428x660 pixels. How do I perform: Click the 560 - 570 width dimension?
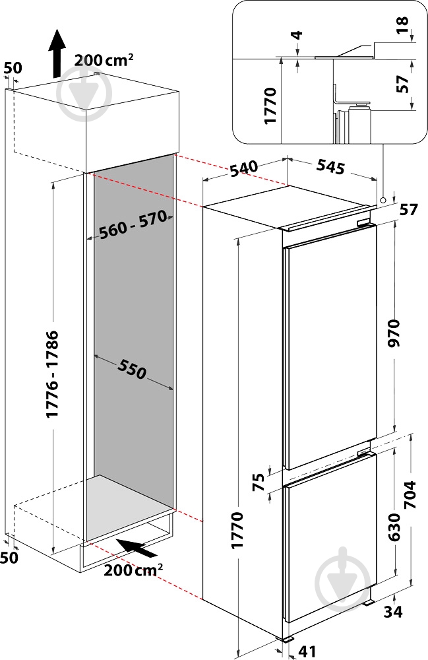(x=131, y=224)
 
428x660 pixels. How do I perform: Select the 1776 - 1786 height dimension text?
(x=52, y=375)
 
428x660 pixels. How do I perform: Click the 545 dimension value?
(x=330, y=167)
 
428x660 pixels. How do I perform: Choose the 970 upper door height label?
(x=395, y=333)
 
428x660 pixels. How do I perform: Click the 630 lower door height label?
(x=394, y=527)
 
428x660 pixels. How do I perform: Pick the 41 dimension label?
(x=307, y=651)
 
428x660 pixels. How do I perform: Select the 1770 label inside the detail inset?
(x=270, y=105)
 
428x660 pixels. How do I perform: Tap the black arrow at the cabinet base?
(x=137, y=548)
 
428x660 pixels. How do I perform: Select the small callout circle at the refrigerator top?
(x=383, y=199)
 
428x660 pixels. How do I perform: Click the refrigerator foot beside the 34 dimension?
(x=369, y=603)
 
